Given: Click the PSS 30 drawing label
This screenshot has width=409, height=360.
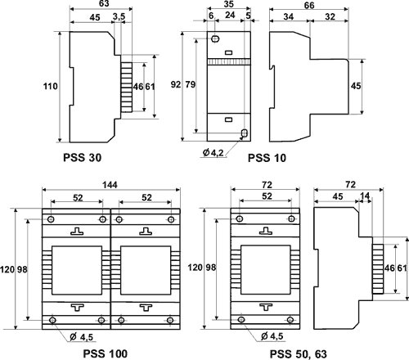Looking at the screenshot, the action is (x=82, y=157).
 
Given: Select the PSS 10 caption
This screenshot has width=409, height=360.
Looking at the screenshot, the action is (x=267, y=158).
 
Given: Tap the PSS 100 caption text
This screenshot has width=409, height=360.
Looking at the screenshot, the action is (x=105, y=353).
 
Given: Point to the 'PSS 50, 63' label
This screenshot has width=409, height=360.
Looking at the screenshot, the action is (x=299, y=354).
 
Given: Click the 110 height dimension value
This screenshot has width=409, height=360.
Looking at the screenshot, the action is (x=51, y=87).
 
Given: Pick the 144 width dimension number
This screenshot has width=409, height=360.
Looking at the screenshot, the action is (x=110, y=185).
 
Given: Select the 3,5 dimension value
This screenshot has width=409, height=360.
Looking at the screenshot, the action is (x=119, y=16).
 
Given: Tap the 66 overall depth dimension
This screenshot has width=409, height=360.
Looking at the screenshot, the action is (x=309, y=5).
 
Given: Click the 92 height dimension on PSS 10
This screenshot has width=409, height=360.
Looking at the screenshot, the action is (x=176, y=84).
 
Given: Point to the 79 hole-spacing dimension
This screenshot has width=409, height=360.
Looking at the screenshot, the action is (x=191, y=84).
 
